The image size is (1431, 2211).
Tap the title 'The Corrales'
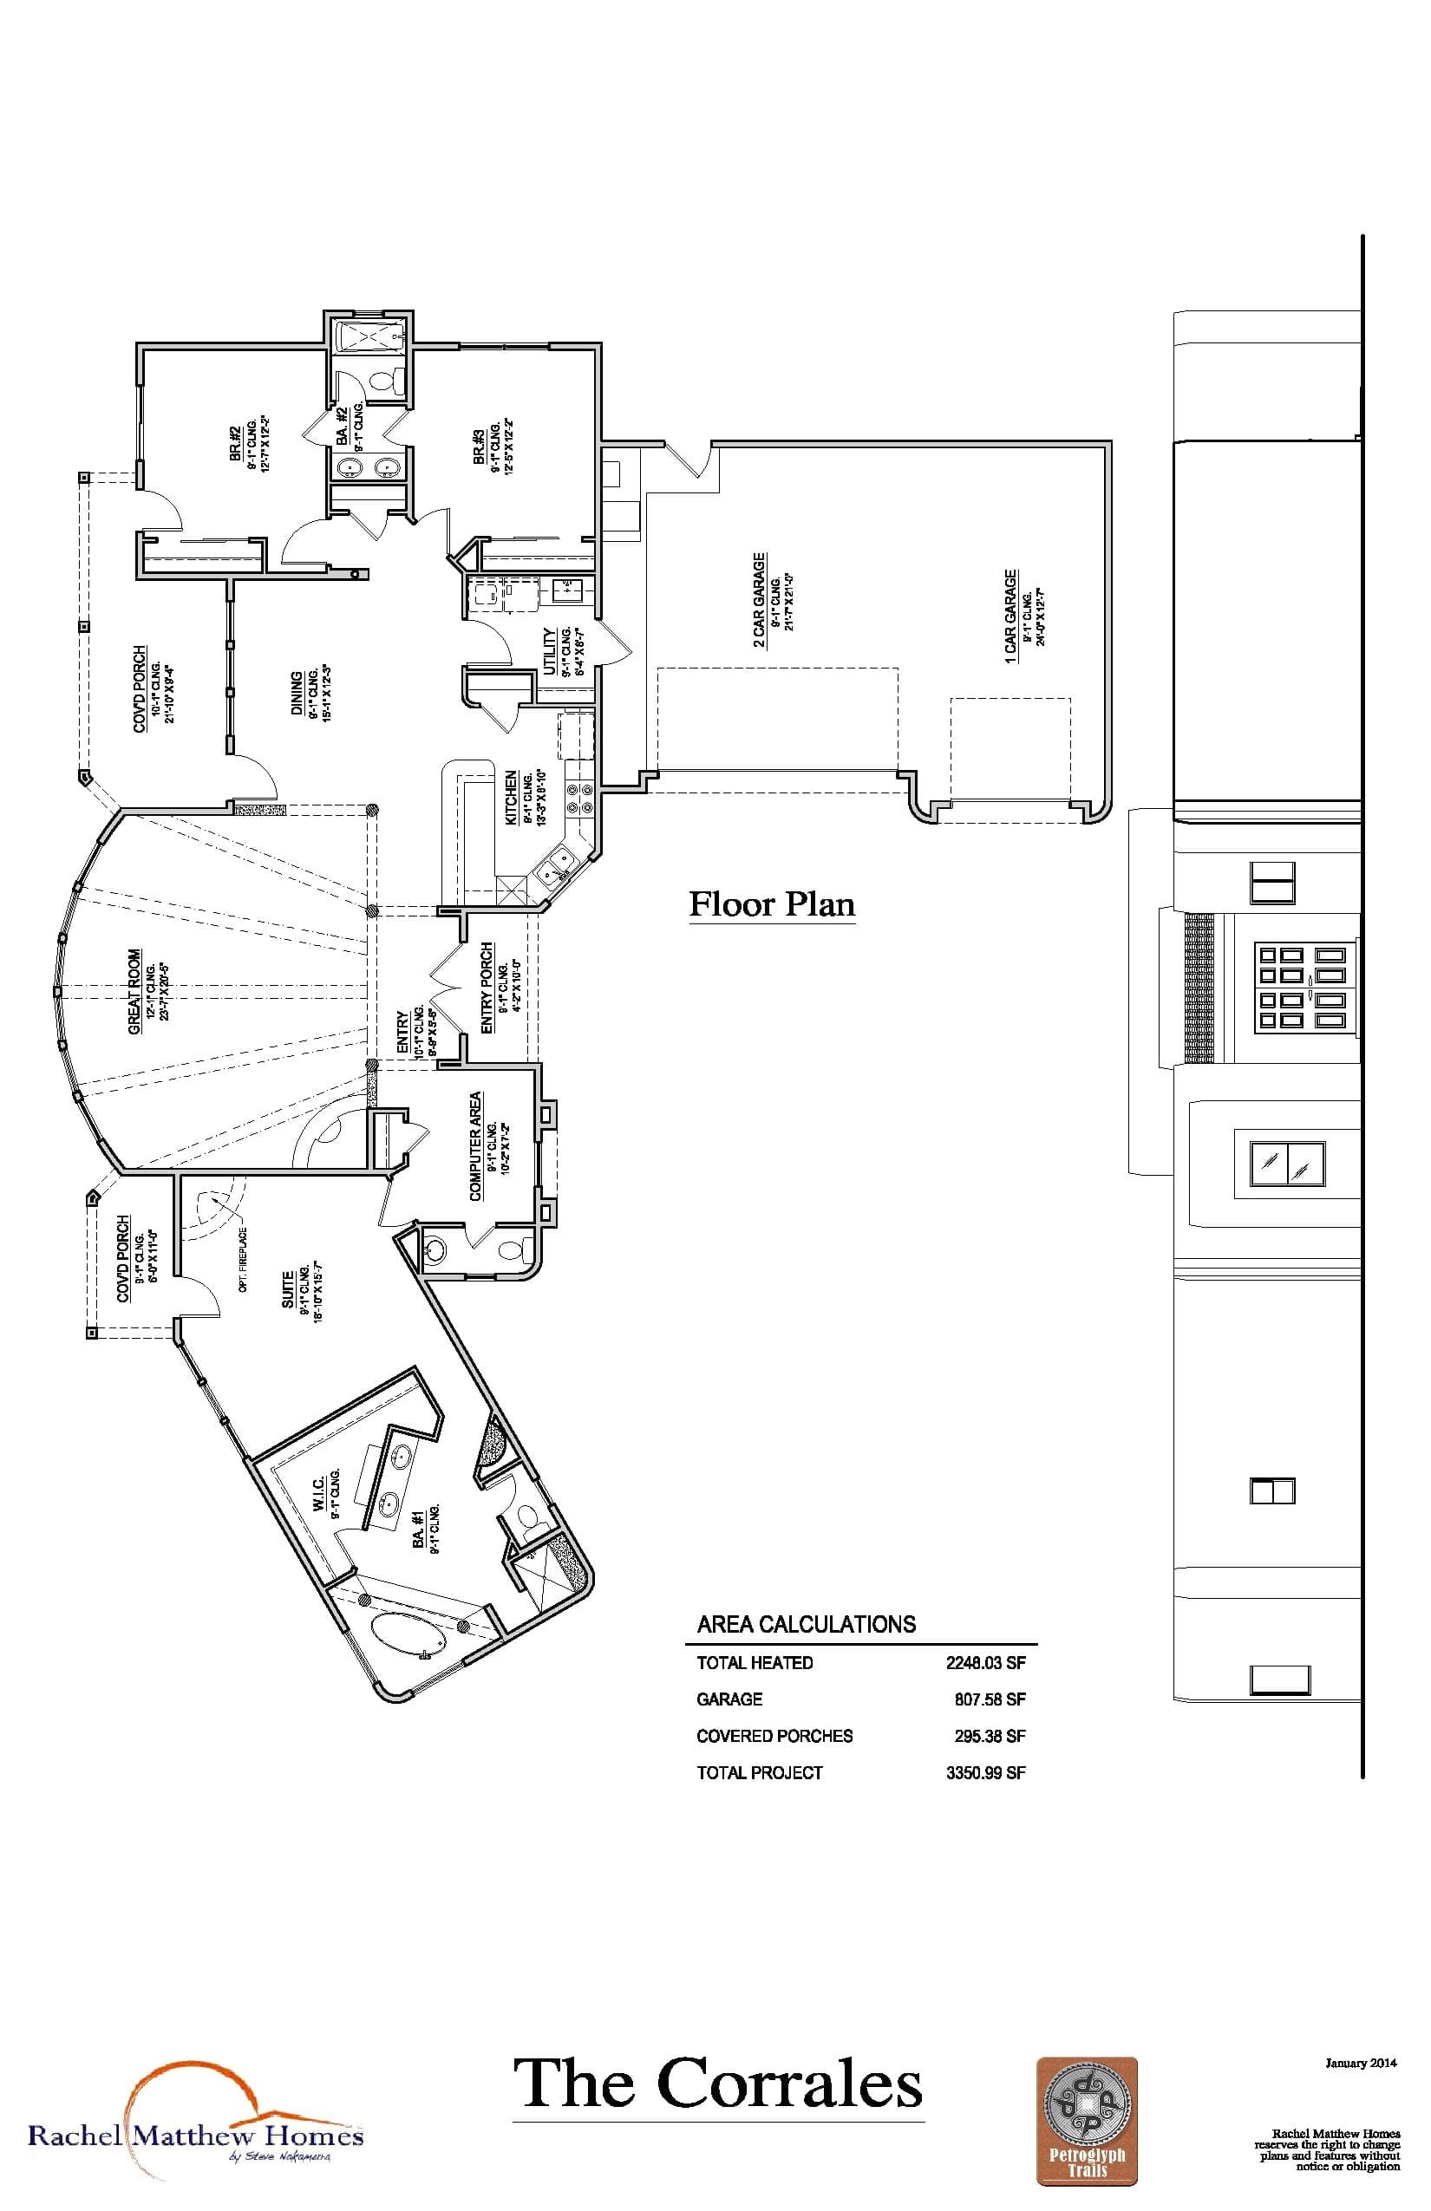tap(717, 2084)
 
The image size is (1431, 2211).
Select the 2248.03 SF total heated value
tap(985, 1663)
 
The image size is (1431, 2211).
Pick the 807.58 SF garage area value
tap(990, 1699)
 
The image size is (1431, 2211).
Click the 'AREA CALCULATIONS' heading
tap(806, 1624)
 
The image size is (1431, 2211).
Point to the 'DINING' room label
tap(297, 695)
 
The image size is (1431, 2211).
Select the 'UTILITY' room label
tap(549, 651)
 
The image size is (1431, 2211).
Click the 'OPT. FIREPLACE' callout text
tap(243, 1260)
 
